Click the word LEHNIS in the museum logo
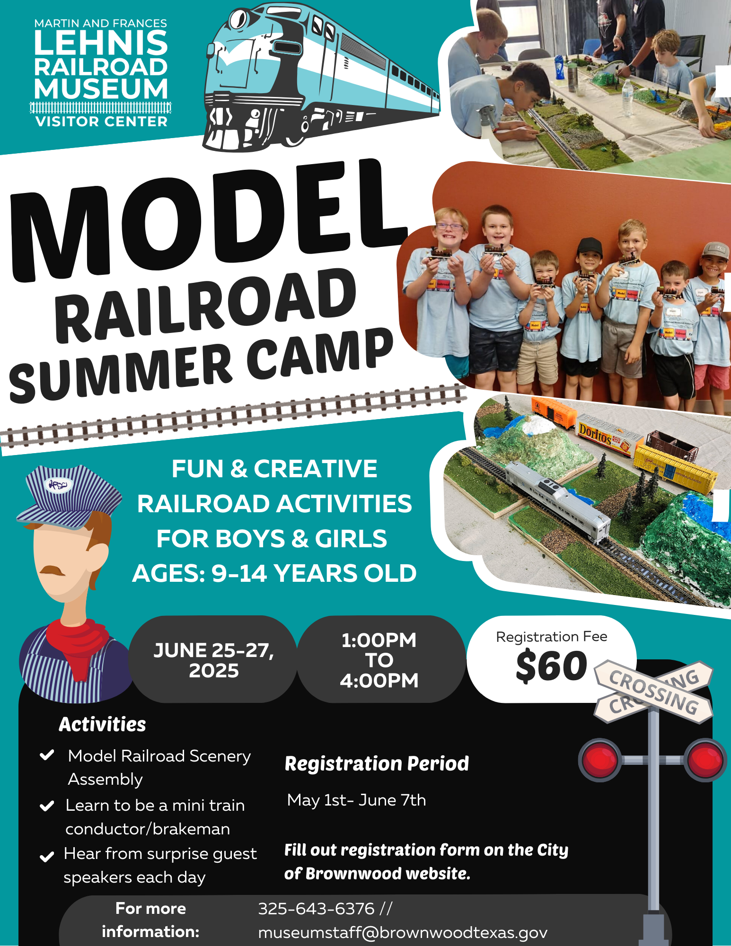click(101, 43)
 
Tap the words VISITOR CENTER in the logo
click(101, 122)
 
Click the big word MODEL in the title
click(208, 222)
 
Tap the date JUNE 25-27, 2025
click(213, 660)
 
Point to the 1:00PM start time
click(379, 640)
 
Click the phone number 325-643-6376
click(316, 909)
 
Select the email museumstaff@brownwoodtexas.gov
click(403, 932)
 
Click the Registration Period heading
click(377, 764)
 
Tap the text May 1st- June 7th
click(356, 800)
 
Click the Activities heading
click(102, 724)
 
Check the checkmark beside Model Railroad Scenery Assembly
click(47, 754)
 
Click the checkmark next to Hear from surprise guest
click(46, 857)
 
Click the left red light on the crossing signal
click(600, 760)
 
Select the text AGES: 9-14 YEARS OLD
click(274, 573)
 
